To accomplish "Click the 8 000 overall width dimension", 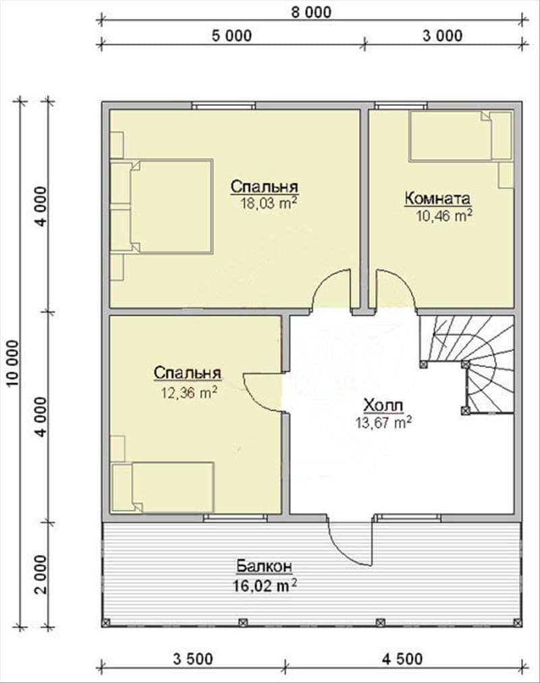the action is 311,12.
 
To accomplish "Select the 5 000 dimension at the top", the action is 232,36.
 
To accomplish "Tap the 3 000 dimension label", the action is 442,36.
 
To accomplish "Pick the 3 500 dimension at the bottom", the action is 193,659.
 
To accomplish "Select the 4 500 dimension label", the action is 402,659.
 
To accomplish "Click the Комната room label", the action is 437,199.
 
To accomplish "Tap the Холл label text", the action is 383,405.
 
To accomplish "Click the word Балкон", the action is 265,566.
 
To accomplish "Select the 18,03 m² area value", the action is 269,203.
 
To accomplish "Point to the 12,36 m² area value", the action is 189,393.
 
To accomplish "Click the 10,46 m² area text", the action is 444,215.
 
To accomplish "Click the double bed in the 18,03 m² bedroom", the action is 161,206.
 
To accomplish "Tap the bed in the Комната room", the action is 460,136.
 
